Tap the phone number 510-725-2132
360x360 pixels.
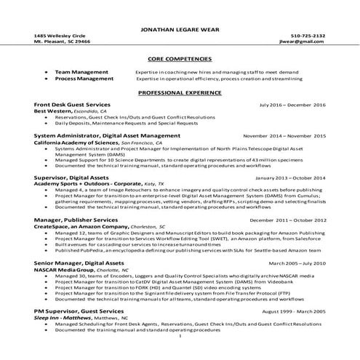tap(308, 36)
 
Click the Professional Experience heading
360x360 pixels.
tap(180, 95)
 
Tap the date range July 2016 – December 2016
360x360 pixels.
tap(292, 105)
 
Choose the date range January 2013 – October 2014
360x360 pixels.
tap(290, 177)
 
